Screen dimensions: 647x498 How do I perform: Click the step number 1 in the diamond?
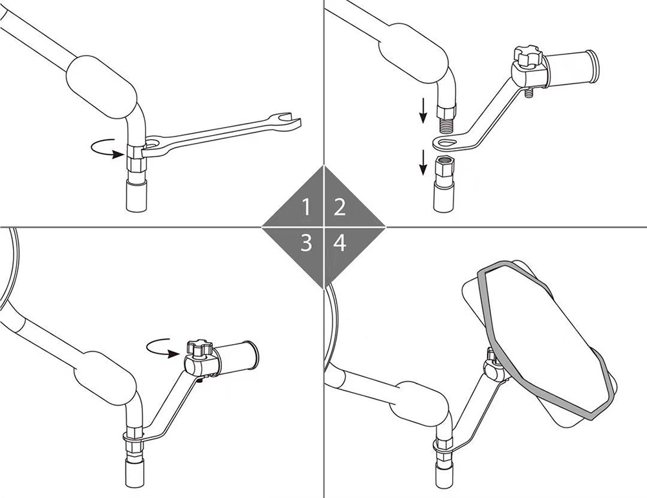pos(306,207)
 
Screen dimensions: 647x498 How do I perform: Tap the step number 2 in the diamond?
pos(339,207)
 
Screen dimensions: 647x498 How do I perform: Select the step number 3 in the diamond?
pos(306,243)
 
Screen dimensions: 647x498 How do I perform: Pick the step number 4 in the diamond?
pos(340,243)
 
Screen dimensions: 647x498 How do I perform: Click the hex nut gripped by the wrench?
pos(136,159)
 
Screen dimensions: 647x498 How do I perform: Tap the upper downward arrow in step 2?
pos(422,111)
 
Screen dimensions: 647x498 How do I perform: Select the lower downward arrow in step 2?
pos(422,162)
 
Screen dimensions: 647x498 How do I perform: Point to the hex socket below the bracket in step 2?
pos(446,167)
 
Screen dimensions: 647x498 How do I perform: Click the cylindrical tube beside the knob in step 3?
pos(236,357)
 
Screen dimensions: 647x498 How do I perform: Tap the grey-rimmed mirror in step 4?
pos(545,338)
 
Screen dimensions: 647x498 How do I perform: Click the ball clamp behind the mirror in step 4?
pos(494,369)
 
